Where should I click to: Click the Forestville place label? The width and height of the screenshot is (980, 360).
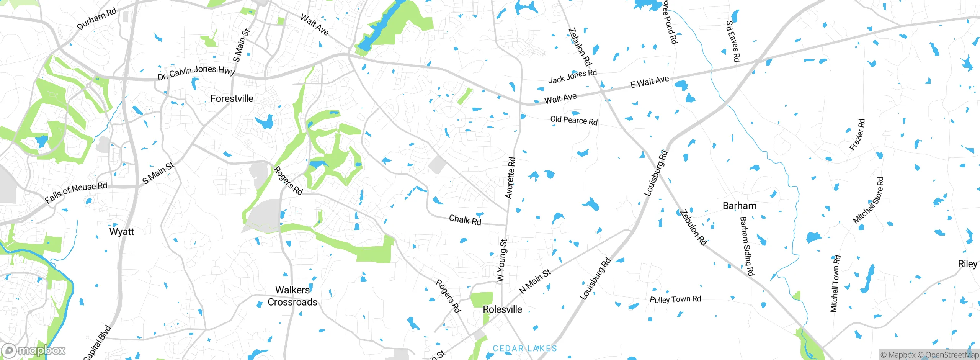pyautogui.click(x=232, y=99)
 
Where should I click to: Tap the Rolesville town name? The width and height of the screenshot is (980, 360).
pyautogui.click(x=502, y=309)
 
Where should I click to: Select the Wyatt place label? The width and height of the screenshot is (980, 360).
pyautogui.click(x=121, y=232)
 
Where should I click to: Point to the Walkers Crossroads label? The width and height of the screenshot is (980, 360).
pyautogui.click(x=292, y=296)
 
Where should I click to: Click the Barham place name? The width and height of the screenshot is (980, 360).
pyautogui.click(x=739, y=206)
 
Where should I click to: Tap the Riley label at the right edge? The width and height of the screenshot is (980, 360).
pyautogui.click(x=967, y=264)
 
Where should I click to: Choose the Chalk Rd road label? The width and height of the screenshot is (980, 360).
pyautogui.click(x=465, y=220)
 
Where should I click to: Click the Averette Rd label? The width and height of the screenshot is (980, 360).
pyautogui.click(x=510, y=178)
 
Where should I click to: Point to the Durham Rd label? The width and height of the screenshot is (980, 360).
pyautogui.click(x=96, y=19)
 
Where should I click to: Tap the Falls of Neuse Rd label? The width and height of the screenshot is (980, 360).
pyautogui.click(x=76, y=192)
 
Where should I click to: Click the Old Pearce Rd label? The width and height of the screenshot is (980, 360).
pyautogui.click(x=573, y=120)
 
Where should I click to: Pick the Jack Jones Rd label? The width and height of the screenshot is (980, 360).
pyautogui.click(x=572, y=76)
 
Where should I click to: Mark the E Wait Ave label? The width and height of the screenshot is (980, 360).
pyautogui.click(x=650, y=82)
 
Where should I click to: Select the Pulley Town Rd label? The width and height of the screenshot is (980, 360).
pyautogui.click(x=675, y=299)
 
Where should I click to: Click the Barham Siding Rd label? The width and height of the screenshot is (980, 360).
pyautogui.click(x=746, y=246)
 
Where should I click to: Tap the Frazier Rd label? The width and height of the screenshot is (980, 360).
pyautogui.click(x=857, y=134)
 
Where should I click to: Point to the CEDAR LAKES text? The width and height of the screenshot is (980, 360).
pyautogui.click(x=524, y=349)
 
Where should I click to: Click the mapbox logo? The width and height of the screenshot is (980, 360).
pyautogui.click(x=34, y=350)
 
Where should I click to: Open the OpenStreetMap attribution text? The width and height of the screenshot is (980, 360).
pyautogui.click(x=952, y=355)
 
